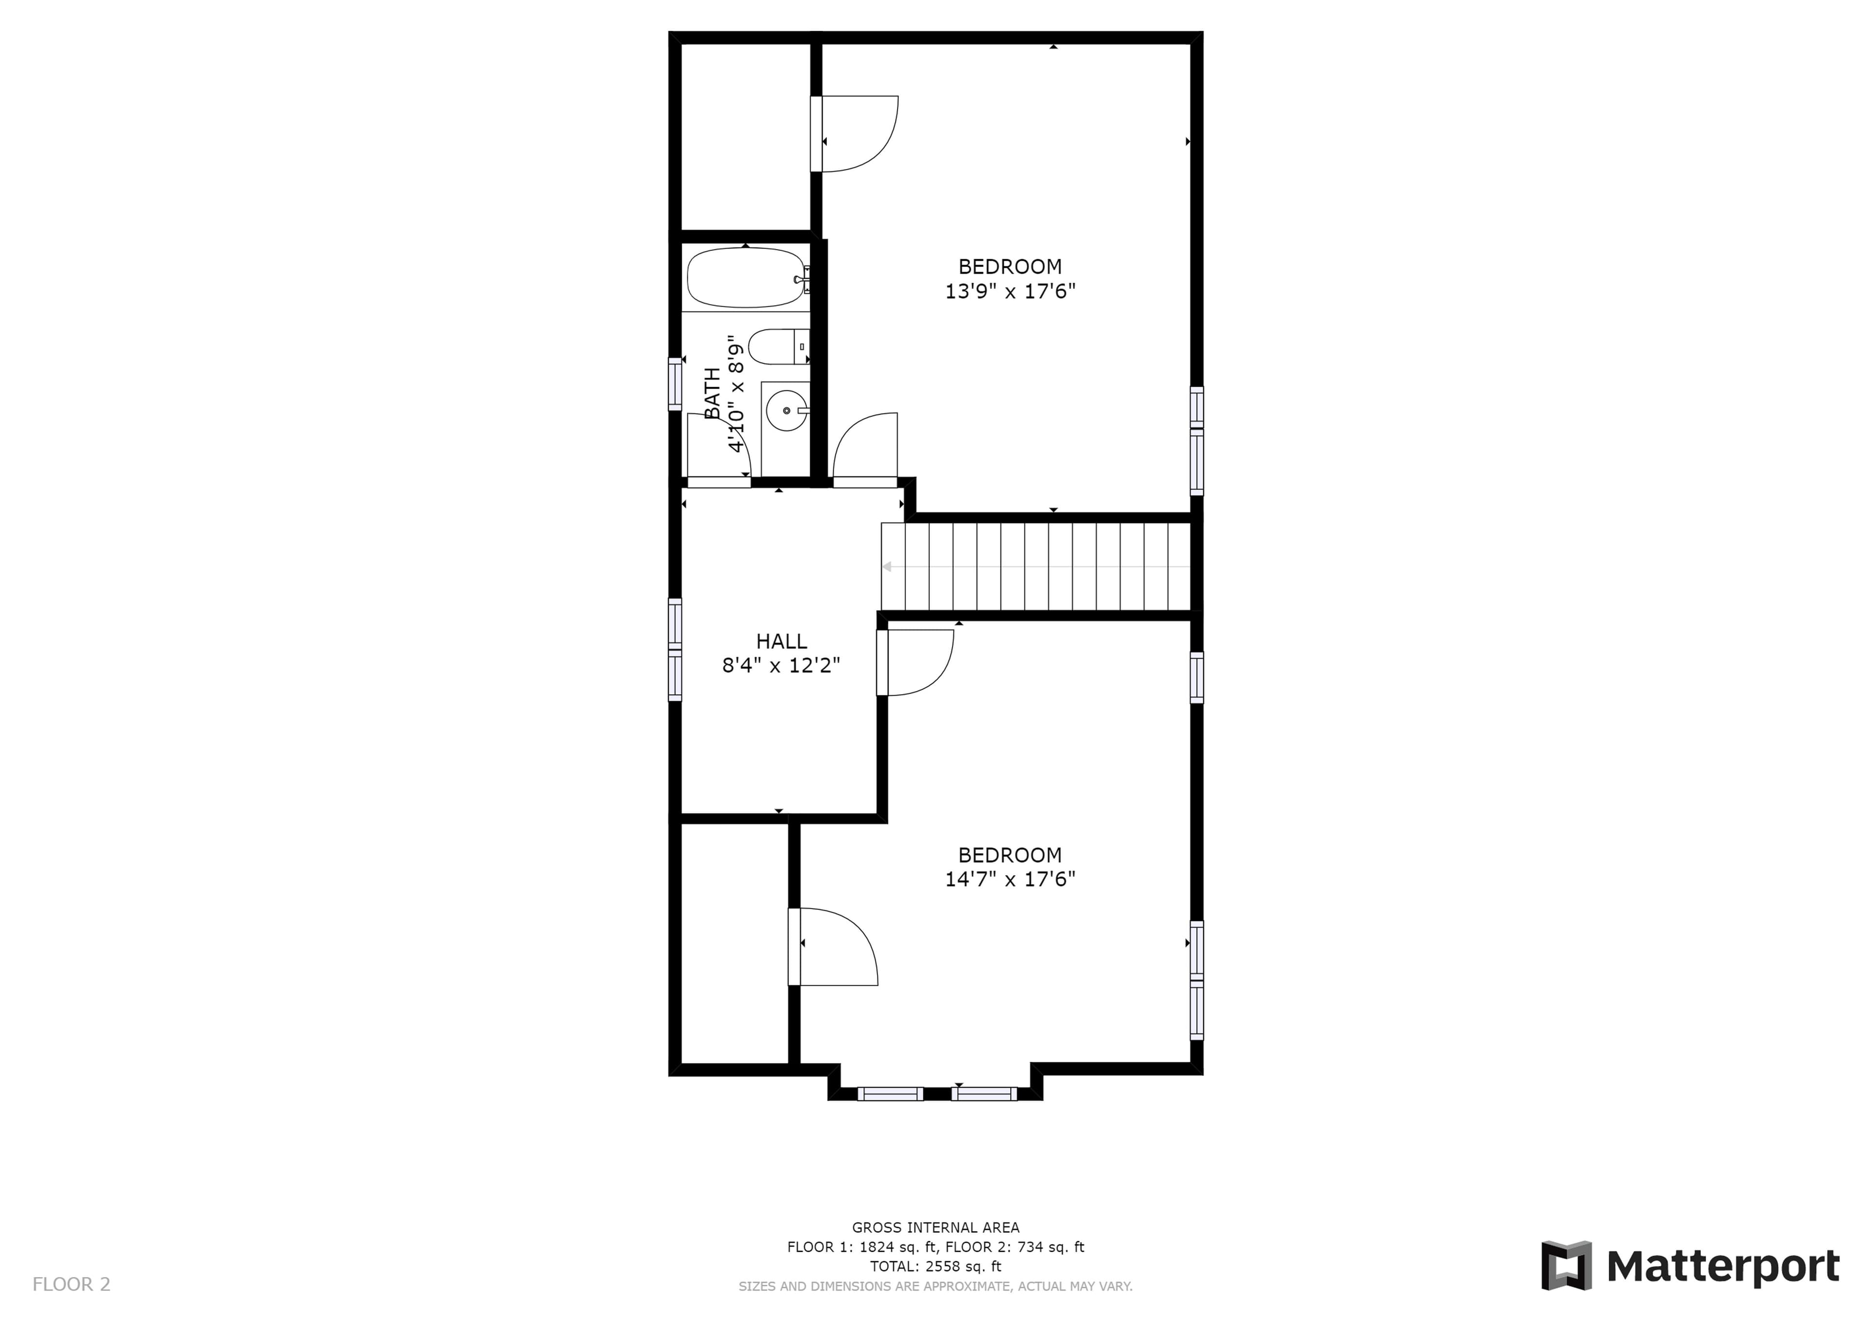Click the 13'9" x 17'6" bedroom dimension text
(1010, 291)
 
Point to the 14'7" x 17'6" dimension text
(1010, 880)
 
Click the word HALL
(781, 642)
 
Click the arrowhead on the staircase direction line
(886, 567)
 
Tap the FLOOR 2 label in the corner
(71, 1285)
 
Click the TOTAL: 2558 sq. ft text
(935, 1267)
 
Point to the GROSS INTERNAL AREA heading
(935, 1227)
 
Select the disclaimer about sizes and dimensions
(935, 1286)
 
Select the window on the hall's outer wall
(675, 650)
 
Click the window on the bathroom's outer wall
(675, 383)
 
